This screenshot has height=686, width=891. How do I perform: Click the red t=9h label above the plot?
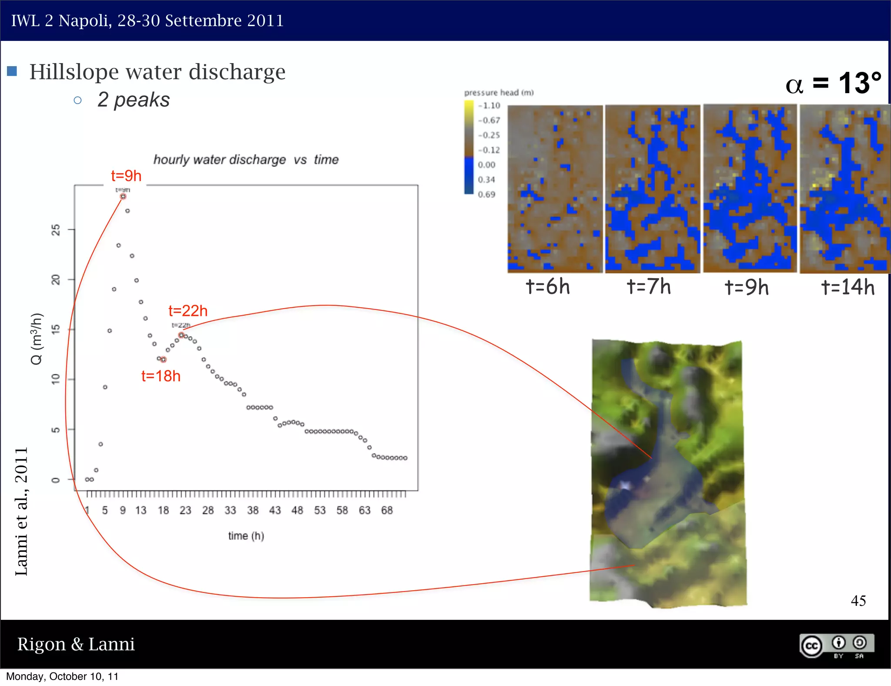(x=126, y=176)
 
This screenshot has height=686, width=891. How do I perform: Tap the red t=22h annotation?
(x=188, y=311)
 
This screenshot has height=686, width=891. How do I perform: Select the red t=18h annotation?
(x=161, y=376)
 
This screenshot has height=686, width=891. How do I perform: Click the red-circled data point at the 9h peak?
(x=123, y=197)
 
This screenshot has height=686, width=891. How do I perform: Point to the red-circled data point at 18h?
(x=163, y=360)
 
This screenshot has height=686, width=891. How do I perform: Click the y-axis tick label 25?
(x=56, y=229)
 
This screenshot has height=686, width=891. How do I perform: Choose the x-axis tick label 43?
(x=275, y=510)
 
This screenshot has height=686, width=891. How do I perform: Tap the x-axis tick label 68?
(x=387, y=510)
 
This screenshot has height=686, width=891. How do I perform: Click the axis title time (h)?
(x=246, y=536)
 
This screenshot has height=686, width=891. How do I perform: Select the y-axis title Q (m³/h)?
(x=37, y=339)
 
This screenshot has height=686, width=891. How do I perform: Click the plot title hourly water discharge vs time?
(x=246, y=160)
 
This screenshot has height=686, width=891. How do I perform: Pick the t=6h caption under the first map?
(x=548, y=287)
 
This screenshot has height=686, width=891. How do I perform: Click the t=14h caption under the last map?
(x=847, y=287)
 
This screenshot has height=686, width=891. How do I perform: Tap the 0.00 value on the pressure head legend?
(x=486, y=165)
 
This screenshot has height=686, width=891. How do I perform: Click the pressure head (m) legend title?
(x=499, y=93)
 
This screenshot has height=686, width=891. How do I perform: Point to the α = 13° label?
(x=833, y=83)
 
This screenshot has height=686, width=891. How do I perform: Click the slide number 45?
(x=858, y=601)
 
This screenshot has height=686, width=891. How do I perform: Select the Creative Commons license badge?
(x=837, y=646)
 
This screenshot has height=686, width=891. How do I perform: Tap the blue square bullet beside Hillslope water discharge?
(x=12, y=71)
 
